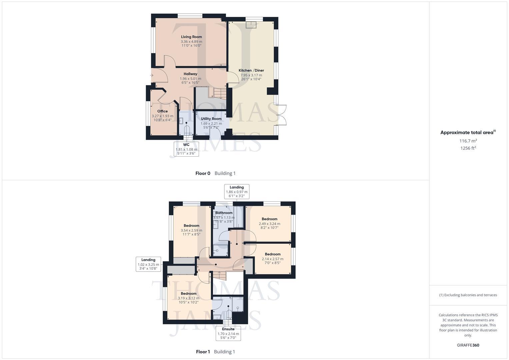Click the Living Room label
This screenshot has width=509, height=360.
click(x=191, y=37)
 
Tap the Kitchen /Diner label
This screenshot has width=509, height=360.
click(x=251, y=70)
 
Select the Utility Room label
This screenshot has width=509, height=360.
click(x=211, y=119)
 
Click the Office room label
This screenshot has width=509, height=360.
click(x=162, y=111)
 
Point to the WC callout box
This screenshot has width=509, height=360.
click(x=186, y=149)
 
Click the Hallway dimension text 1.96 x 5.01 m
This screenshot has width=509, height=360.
click(x=190, y=79)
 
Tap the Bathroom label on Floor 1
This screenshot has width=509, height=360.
click(x=224, y=213)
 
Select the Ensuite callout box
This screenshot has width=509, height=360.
click(x=228, y=333)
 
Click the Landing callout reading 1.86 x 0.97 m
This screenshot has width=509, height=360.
click(x=237, y=191)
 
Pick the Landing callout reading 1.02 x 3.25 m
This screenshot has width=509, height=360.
click(x=148, y=264)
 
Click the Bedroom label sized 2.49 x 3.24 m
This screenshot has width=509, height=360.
click(x=269, y=219)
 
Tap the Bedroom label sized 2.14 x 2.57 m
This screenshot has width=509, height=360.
click(x=272, y=254)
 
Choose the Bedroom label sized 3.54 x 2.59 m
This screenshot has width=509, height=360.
click(x=191, y=226)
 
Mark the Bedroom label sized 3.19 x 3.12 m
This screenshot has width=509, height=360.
click(x=188, y=293)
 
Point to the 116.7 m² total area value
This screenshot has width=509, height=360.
click(x=468, y=141)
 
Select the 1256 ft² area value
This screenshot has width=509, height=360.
click(x=468, y=148)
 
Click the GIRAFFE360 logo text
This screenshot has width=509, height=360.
click(x=468, y=345)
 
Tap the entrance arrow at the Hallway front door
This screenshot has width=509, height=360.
click(x=152, y=75)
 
